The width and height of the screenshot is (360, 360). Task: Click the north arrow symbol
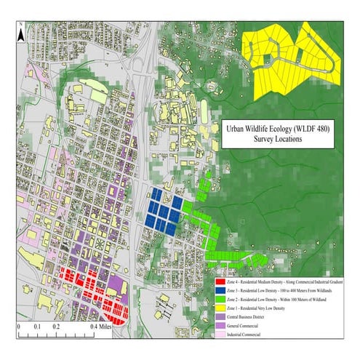click(22, 29)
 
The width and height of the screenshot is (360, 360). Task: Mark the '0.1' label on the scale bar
click(37, 327)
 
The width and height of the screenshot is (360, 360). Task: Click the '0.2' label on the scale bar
click(56, 327)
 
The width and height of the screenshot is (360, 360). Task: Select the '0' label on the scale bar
click(18, 327)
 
